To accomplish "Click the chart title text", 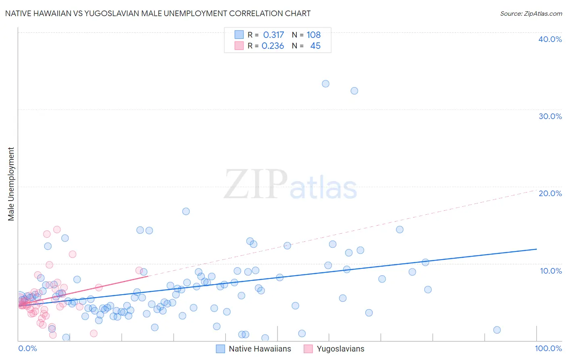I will coord(157,13).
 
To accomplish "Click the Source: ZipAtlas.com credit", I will coord(531,13).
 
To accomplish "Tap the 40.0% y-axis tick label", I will coord(550,39).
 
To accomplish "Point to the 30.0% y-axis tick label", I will coord(550,116).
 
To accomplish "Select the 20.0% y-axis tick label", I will coord(550,193).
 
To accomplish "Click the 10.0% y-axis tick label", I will coord(551,270).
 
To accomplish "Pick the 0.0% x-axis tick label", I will coord(27,348).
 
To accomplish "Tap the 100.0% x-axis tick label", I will coord(548,348).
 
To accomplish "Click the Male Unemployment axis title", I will coord(11,184).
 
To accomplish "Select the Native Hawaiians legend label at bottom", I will coord(260,349).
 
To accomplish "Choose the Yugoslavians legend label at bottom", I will coord(340,349).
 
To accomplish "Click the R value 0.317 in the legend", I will coord(273,35).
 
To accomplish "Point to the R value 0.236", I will coord(273,46).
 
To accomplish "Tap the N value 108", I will coord(313,35).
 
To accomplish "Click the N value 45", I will coord(315,46).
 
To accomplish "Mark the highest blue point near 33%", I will coord(325,84).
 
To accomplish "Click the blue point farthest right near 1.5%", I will coord(497,330).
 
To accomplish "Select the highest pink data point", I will coord(57,230).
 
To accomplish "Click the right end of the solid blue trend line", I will coord(536,249).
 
